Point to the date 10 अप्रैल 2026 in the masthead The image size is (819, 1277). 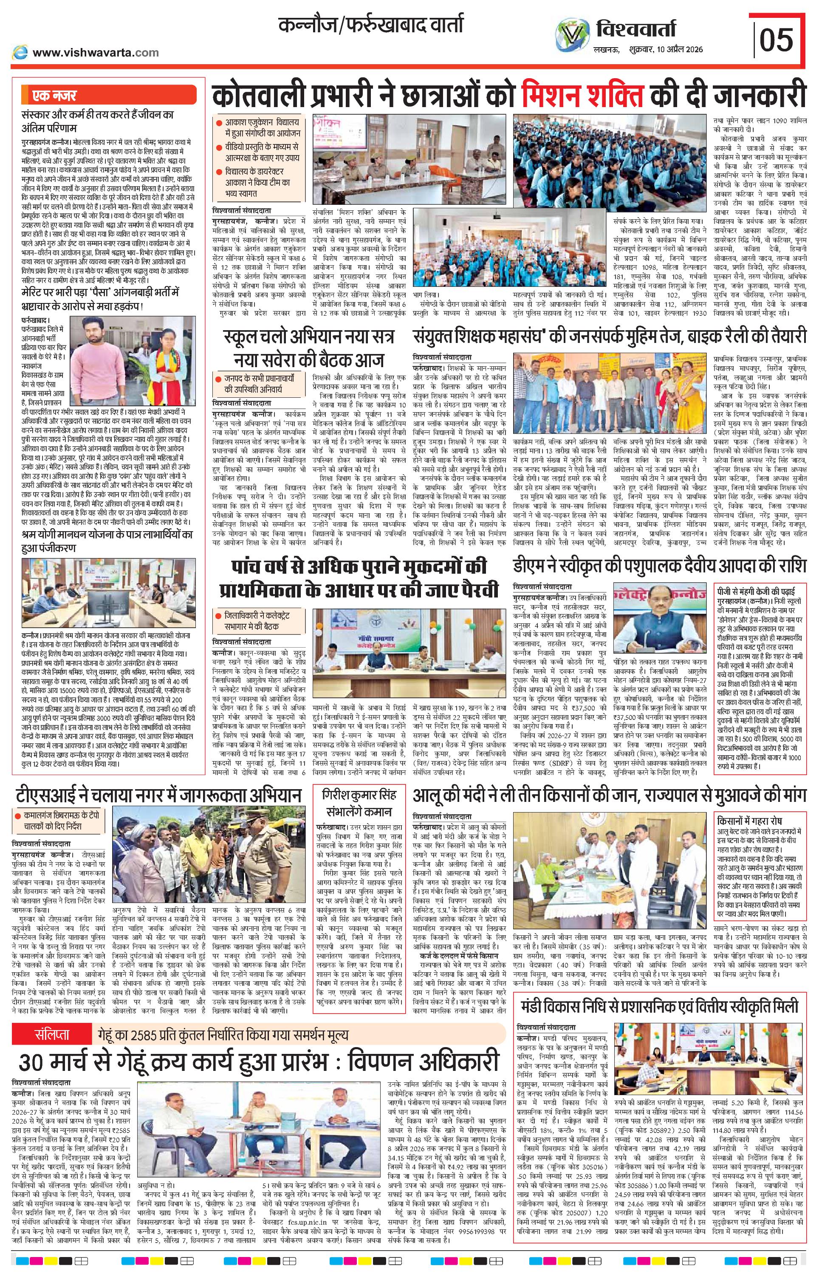(x=675, y=49)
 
